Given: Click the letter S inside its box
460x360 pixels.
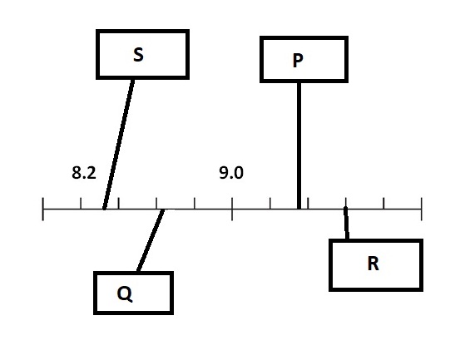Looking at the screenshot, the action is coord(138,55).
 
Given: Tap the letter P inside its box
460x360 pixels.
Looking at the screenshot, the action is coord(298,61).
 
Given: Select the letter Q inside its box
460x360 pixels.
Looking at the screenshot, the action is coord(125,293).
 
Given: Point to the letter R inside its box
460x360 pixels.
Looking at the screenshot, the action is coord(373,264).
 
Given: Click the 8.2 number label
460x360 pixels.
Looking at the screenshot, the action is coord(84,172).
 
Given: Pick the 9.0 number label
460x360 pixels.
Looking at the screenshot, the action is coord(231,172).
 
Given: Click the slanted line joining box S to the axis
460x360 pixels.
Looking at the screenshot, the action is coord(118,144).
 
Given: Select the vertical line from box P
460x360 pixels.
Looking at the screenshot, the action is coord(299,145).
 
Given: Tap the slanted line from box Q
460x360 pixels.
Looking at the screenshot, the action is coord(151,240).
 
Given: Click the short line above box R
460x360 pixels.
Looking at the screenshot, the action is coord(346,223).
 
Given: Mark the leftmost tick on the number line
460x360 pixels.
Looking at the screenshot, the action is coord(43,209).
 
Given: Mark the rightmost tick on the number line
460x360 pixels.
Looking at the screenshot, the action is coord(422,209).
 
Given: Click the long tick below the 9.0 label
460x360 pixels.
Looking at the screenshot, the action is coord(232,209).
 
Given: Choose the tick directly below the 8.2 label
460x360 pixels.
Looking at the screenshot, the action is coord(81,204).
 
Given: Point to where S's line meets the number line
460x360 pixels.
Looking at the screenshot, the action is coord(105,209).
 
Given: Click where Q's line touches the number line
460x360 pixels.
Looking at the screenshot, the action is coord(162,210).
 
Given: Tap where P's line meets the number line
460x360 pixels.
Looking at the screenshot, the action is coord(299,209).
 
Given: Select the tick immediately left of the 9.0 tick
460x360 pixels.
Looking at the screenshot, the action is coord(195,204).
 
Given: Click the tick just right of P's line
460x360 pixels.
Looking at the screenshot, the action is coord(308,204).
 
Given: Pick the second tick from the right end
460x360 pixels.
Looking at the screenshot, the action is coord(383,204).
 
